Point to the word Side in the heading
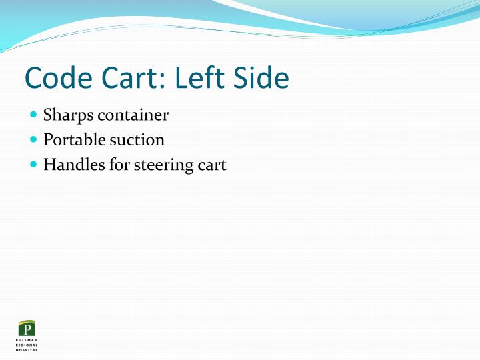(261, 79)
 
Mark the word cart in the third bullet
(212, 165)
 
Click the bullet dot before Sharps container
(34, 115)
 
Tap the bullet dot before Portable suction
(34, 140)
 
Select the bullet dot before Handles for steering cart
(34, 165)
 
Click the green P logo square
(27, 329)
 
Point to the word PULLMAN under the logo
(27, 340)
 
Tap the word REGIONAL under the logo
(27, 345)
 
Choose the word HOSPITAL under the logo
(27, 349)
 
